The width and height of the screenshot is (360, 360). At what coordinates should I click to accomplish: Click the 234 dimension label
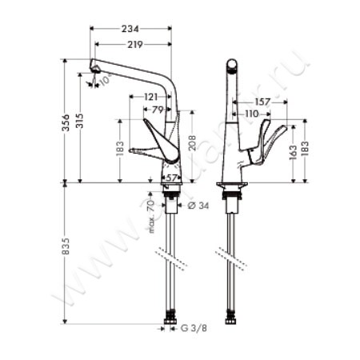click(132, 29)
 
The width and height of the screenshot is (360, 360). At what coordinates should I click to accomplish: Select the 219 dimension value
click(133, 45)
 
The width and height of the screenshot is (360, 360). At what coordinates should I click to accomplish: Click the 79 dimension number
click(157, 109)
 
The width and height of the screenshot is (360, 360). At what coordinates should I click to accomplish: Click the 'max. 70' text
click(150, 214)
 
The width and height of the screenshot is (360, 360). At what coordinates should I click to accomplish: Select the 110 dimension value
click(252, 114)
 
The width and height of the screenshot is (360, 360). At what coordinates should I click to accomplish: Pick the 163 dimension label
click(294, 150)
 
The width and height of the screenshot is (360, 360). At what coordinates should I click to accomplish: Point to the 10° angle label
click(104, 82)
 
